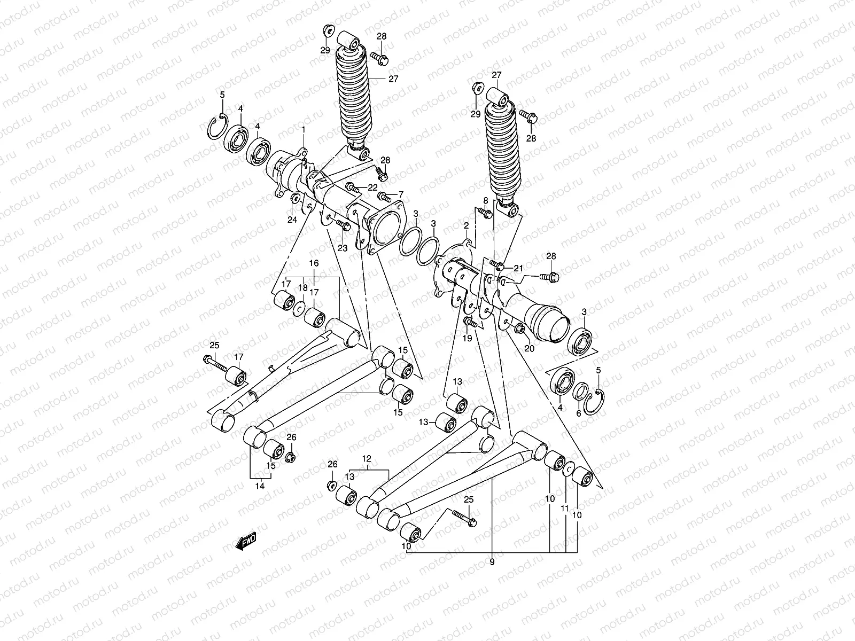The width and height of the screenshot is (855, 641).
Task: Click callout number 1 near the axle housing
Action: coord(303,130)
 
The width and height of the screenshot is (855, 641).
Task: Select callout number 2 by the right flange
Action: coord(466,225)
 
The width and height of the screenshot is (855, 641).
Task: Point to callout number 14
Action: coord(260,487)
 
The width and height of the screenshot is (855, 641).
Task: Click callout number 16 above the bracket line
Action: coord(314,263)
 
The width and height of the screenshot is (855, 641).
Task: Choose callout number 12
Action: coord(366,458)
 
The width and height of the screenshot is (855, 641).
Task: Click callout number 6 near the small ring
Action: coord(578,413)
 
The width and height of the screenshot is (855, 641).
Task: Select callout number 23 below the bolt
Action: coord(343,248)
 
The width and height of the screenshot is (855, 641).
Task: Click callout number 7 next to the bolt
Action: coord(401,194)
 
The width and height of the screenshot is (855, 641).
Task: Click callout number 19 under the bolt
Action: coord(467,339)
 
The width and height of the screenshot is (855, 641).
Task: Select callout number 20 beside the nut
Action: coord(530,348)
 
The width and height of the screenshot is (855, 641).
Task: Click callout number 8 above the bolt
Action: coord(486,200)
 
